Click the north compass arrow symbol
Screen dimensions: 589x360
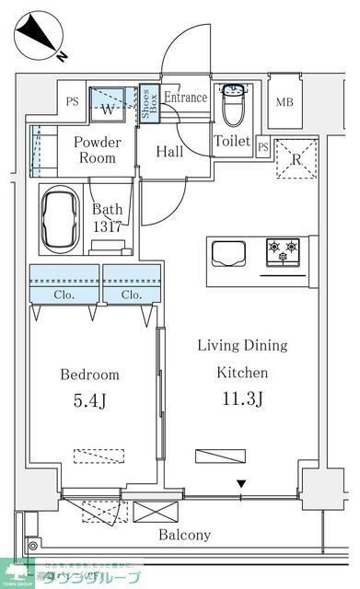pyautogui.click(x=39, y=34)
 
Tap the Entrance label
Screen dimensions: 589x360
pyautogui.click(x=185, y=98)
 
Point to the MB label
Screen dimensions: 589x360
pyautogui.click(x=285, y=100)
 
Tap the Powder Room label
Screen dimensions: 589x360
pyautogui.click(x=96, y=149)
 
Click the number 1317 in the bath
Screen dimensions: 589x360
pyautogui.click(x=108, y=225)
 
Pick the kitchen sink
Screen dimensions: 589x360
pyautogui.click(x=229, y=252)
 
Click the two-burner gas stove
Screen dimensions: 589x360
pyautogui.click(x=283, y=252)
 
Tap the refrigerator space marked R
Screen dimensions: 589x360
pyautogui.click(x=296, y=158)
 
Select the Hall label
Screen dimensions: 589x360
pyautogui.click(x=168, y=152)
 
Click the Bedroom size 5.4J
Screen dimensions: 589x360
pyautogui.click(x=90, y=401)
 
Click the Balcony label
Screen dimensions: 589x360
pyautogui.click(x=184, y=535)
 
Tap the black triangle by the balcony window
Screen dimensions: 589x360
pyautogui.click(x=241, y=484)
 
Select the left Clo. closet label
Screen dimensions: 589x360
pyautogui.click(x=64, y=295)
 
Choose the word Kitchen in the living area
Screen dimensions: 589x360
pyautogui.click(x=242, y=373)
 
